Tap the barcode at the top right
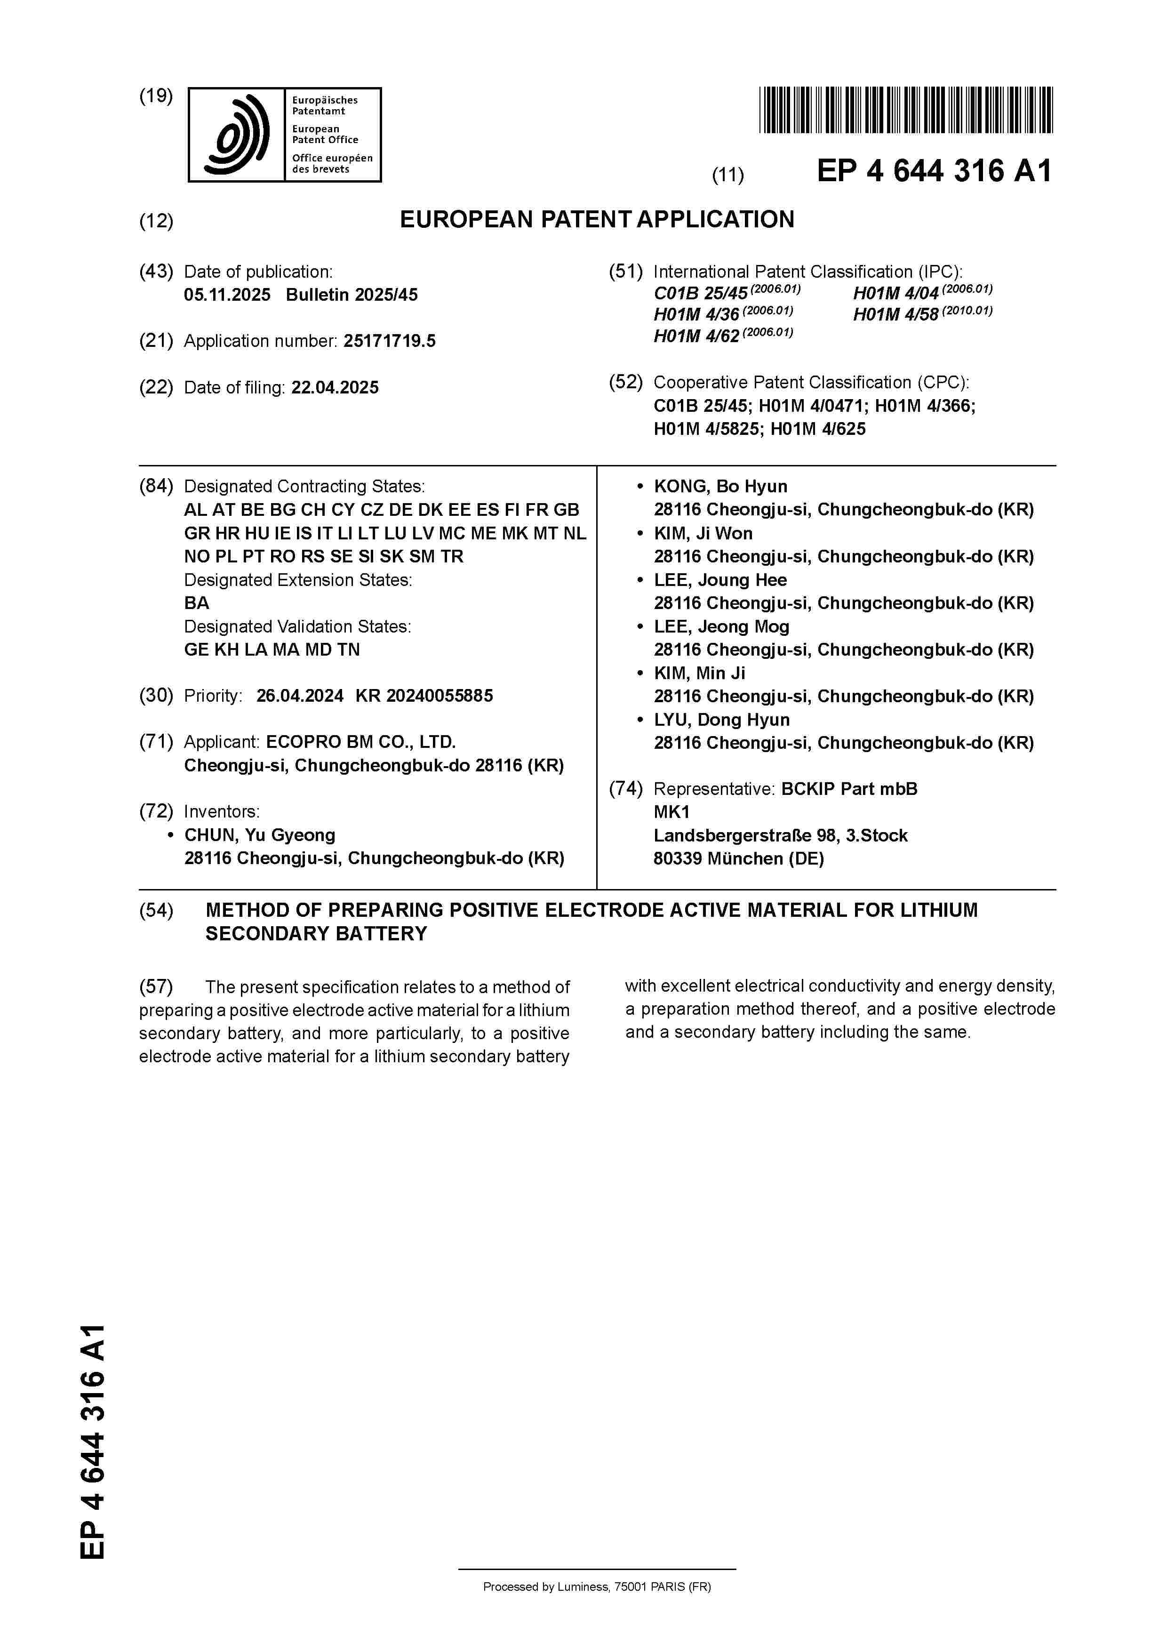pos(905,110)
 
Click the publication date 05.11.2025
pos(227,295)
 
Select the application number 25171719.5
pos(389,341)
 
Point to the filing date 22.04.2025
pos(335,388)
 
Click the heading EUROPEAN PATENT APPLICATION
pos(597,219)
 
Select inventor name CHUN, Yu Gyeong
pos(260,835)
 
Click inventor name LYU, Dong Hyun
pos(721,720)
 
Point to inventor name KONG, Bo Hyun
pos(720,486)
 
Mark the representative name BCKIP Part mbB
pos(849,789)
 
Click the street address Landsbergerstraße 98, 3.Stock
pos(780,835)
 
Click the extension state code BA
pos(196,602)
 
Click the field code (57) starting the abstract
pos(156,986)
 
